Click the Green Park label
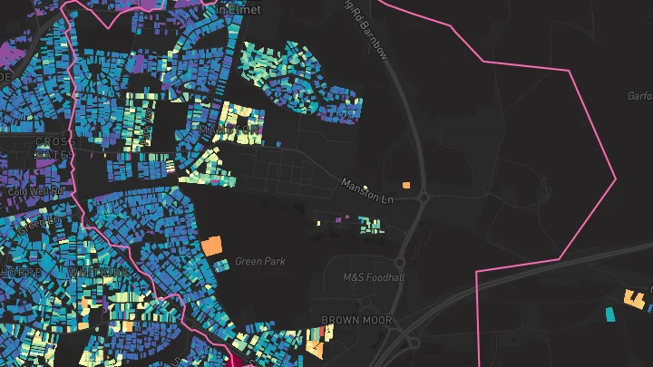click(260, 261)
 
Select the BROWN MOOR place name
click(357, 320)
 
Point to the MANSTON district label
click(229, 130)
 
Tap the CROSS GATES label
click(52, 148)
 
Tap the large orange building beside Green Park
click(211, 245)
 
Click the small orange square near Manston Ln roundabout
click(406, 185)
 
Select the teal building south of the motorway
click(609, 314)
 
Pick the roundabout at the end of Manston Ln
click(424, 197)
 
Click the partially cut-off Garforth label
click(640, 95)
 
